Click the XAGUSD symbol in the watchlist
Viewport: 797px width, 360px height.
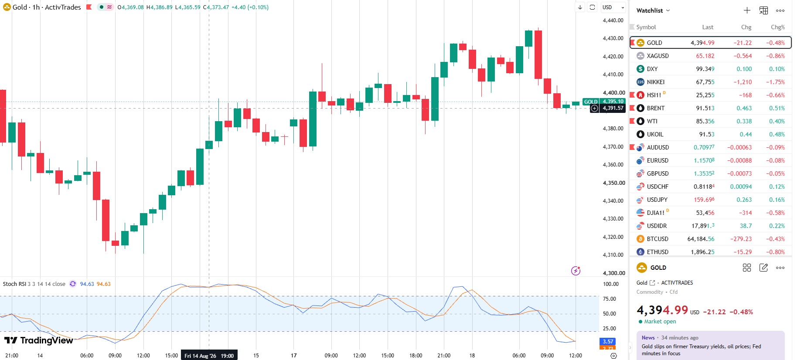click(x=657, y=56)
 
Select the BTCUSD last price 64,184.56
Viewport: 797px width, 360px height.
click(x=701, y=239)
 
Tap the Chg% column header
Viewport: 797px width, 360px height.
click(x=777, y=27)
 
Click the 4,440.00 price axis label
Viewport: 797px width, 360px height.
click(x=613, y=20)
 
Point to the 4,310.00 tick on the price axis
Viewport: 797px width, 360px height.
click(x=613, y=255)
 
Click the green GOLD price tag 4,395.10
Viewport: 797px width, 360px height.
click(x=604, y=102)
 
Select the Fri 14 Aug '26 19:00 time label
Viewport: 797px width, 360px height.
click(x=209, y=356)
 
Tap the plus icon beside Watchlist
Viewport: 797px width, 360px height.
click(x=747, y=10)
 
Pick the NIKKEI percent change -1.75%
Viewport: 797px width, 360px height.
click(x=775, y=82)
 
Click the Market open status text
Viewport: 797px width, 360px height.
click(x=660, y=322)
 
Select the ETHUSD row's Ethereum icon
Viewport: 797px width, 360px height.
click(x=640, y=252)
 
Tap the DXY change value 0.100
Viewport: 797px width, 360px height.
click(x=744, y=69)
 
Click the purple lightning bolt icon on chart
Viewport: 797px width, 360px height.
click(x=576, y=271)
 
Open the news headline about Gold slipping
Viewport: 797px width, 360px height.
click(x=701, y=350)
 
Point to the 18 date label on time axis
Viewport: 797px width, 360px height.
click(x=472, y=356)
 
